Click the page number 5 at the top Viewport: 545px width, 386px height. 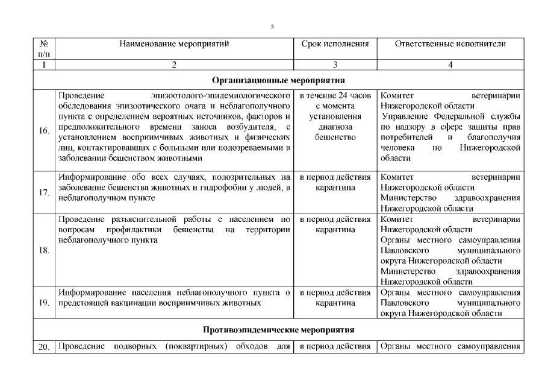(272, 27)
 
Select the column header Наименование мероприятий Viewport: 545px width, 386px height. (174, 44)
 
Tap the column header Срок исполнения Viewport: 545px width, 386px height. (335, 44)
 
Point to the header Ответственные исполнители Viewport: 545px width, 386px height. (450, 44)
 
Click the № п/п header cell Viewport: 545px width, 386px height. (43, 49)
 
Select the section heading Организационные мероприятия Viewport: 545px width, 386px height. (278, 80)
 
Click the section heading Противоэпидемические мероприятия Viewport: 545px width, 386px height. (278, 330)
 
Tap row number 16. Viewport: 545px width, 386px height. (43, 131)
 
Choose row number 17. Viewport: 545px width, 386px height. (43, 193)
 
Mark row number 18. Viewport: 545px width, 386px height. (43, 250)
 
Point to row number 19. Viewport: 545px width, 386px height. (43, 303)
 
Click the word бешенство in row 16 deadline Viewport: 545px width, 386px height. (335, 138)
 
